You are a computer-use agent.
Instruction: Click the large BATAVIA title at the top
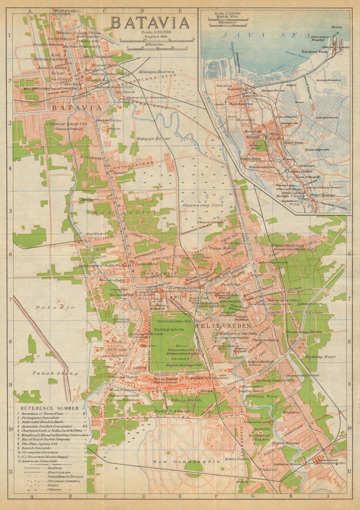(150, 23)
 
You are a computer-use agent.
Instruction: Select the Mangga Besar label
(153, 138)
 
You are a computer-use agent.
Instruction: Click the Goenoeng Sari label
(203, 204)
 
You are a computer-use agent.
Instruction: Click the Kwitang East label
(320, 357)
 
